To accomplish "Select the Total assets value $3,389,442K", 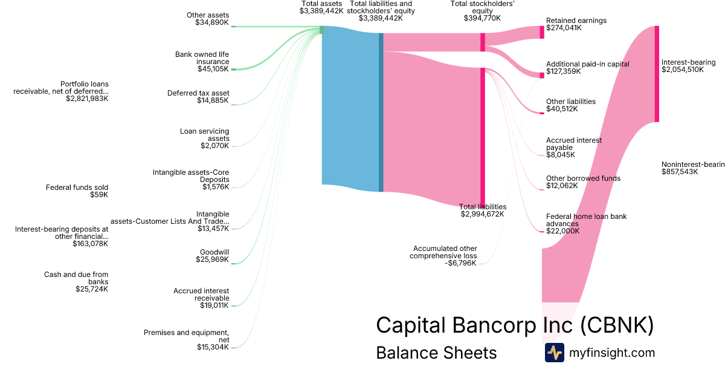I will coord(321,11).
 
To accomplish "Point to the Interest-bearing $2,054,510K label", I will coord(688,66).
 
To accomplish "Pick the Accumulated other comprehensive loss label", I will coord(445,256).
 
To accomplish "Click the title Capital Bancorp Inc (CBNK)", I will coord(515,325).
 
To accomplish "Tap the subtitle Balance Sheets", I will coord(436,353).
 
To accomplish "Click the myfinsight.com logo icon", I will coord(554,353).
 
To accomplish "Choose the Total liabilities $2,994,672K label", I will coord(482,210).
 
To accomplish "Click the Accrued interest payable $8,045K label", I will coord(573,148).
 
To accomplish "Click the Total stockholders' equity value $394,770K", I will coord(482,18).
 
